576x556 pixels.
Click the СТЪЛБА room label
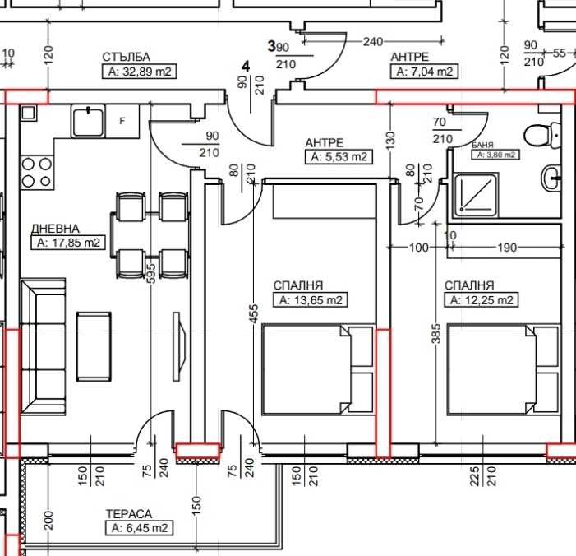pyautogui.click(x=126, y=57)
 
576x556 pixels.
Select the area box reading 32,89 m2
pyautogui.click(x=139, y=72)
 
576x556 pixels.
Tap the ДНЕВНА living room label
pyautogui.click(x=56, y=229)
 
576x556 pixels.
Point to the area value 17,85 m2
pyautogui.click(x=68, y=243)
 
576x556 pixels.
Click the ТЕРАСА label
pyautogui.click(x=129, y=514)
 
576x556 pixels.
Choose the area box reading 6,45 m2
pyautogui.click(x=139, y=528)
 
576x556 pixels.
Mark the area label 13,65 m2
pyautogui.click(x=311, y=300)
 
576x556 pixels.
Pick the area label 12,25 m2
pyautogui.click(x=482, y=300)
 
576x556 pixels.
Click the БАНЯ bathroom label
pyautogui.click(x=482, y=145)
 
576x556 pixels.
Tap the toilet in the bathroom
pyautogui.click(x=542, y=136)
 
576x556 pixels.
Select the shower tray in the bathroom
pyautogui.click(x=476, y=195)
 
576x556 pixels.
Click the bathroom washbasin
pyautogui.click(x=551, y=178)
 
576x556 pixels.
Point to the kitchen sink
pyautogui.click(x=88, y=121)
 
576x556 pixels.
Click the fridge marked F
pyautogui.click(x=122, y=121)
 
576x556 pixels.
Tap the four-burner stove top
pyautogui.click(x=37, y=173)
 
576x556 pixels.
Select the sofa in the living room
pyautogui.click(x=43, y=347)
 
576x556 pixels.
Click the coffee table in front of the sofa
pyautogui.click(x=94, y=346)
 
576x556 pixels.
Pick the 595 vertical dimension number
pyautogui.click(x=150, y=272)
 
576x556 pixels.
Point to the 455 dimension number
pyautogui.click(x=253, y=313)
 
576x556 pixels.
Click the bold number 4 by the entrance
pyautogui.click(x=246, y=67)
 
